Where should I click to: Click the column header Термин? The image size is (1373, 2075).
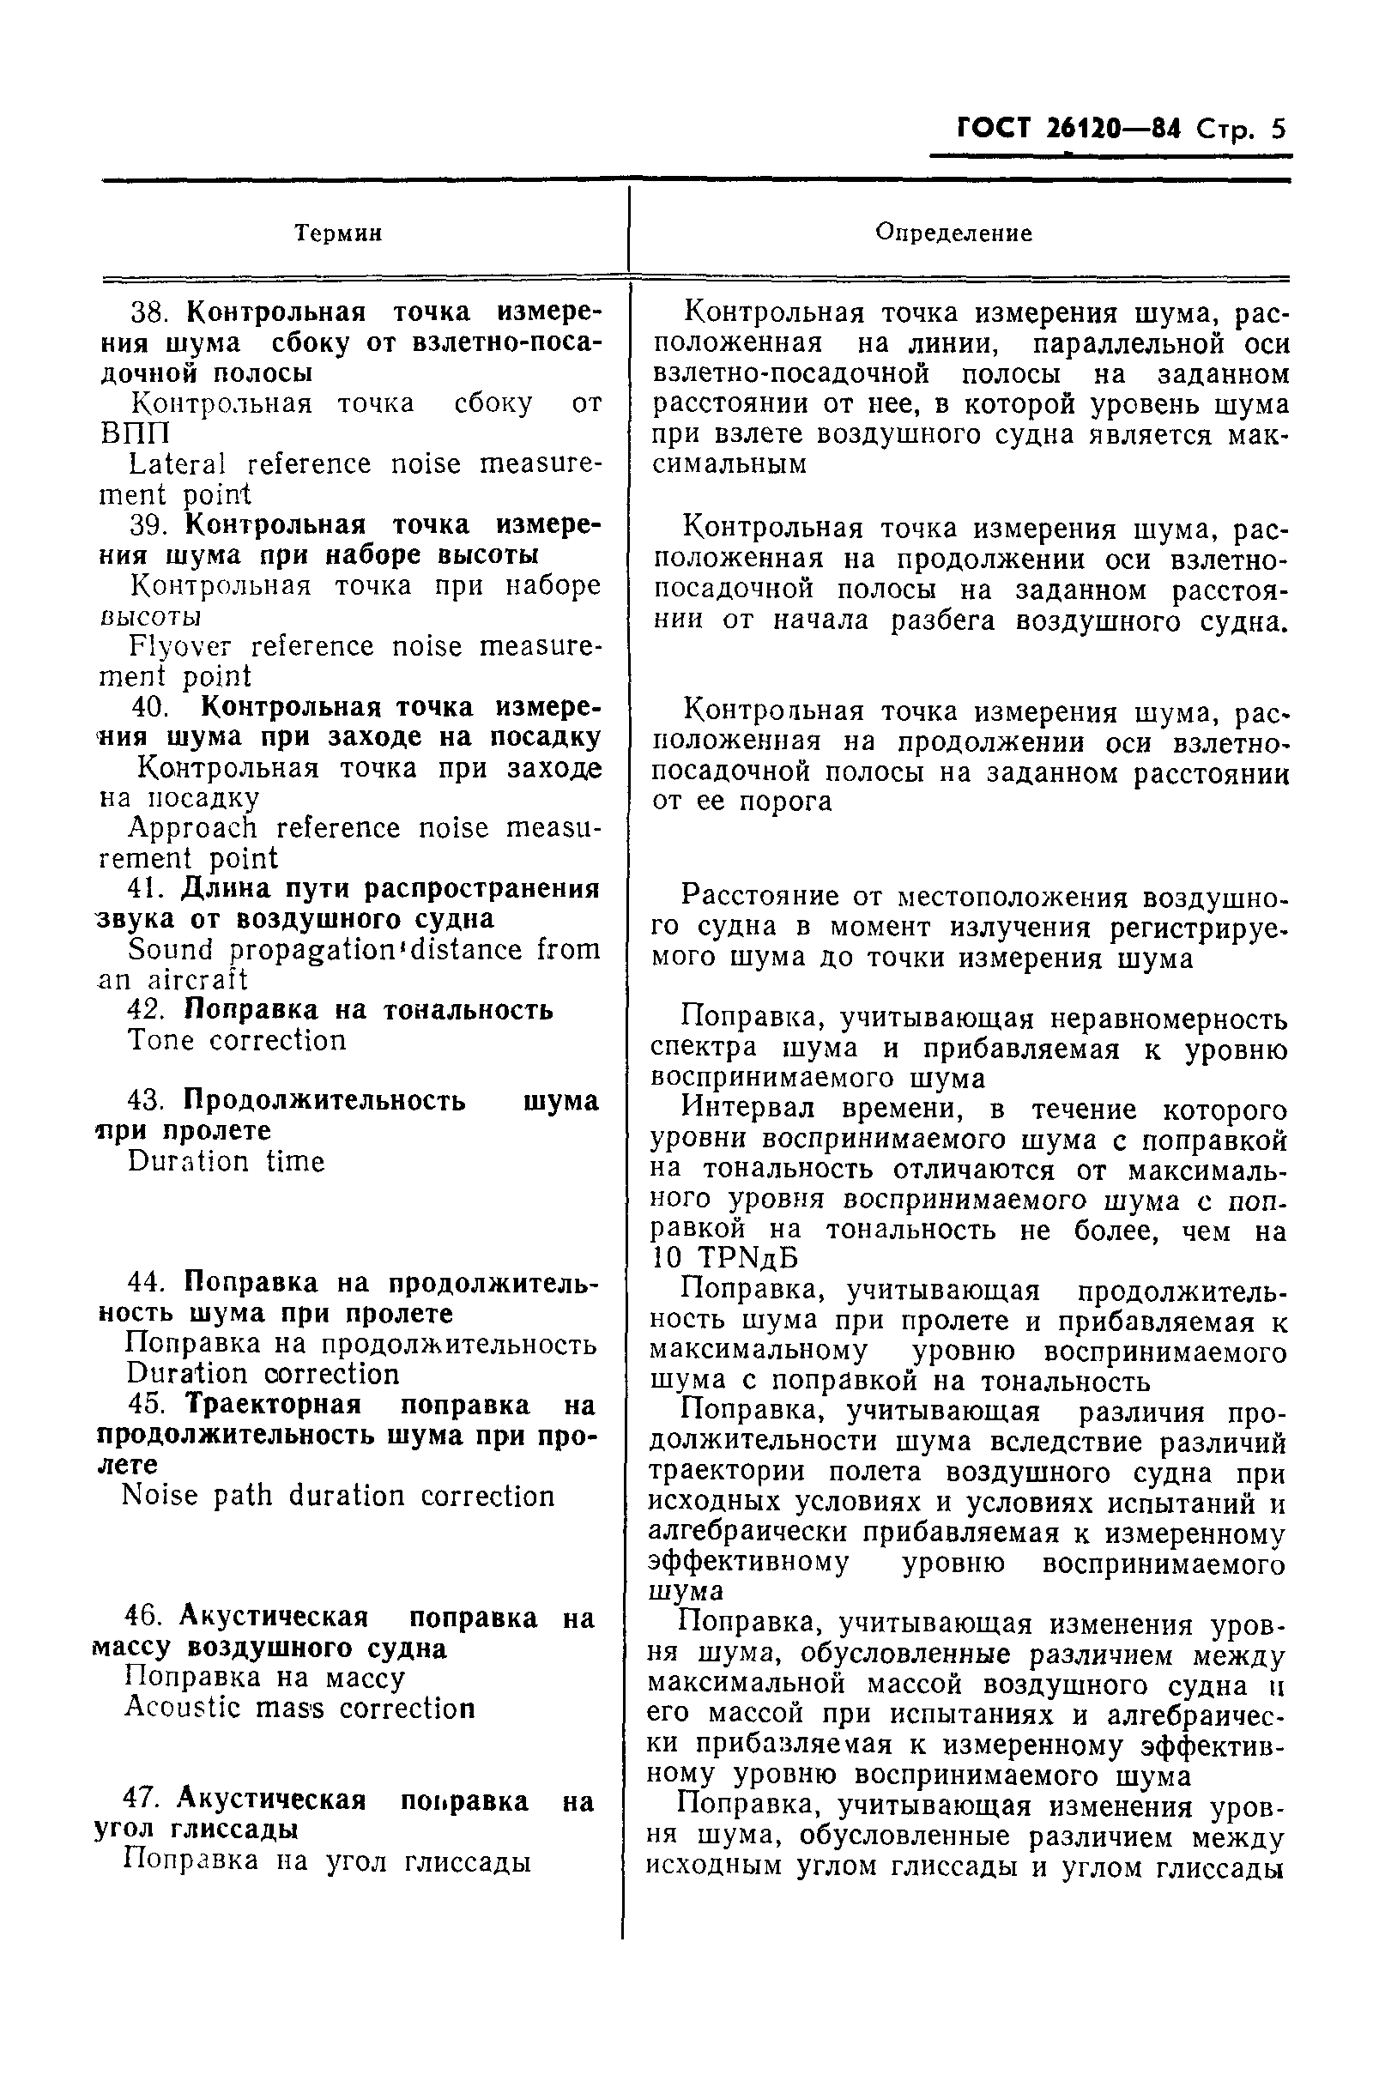(x=338, y=233)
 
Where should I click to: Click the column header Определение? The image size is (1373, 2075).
(x=953, y=233)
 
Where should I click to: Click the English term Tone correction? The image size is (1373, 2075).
(x=238, y=1040)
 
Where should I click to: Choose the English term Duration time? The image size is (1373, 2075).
(x=226, y=1162)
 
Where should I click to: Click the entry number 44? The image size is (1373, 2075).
(x=148, y=1283)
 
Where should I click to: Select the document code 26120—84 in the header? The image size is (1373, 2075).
(x=1113, y=130)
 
